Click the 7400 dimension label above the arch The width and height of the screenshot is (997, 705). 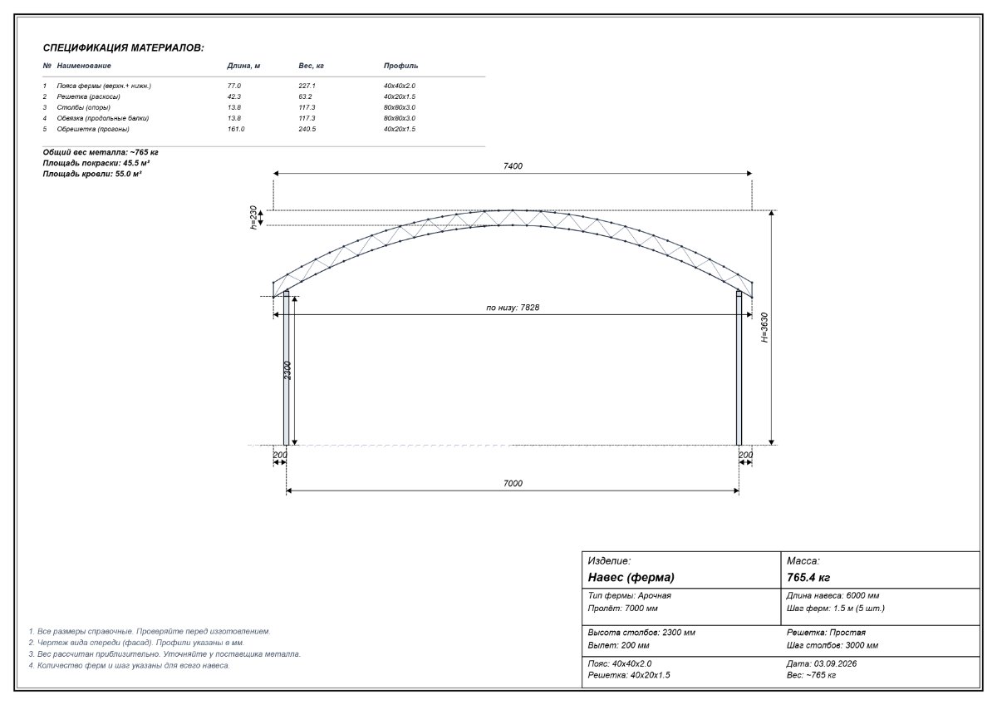click(x=513, y=166)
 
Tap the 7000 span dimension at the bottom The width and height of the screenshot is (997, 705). click(x=513, y=483)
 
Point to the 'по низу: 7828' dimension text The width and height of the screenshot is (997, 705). click(x=513, y=308)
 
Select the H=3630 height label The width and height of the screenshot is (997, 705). click(x=764, y=328)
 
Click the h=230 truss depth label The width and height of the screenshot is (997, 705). click(x=253, y=217)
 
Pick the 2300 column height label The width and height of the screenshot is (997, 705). click(x=287, y=370)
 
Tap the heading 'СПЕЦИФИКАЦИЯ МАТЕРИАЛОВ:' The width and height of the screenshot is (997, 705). click(x=123, y=47)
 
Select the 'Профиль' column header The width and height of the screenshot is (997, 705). click(x=400, y=66)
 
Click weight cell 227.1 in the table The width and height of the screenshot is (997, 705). click(x=307, y=86)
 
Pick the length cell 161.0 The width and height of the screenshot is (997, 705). click(x=236, y=129)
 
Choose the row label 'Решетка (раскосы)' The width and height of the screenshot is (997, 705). click(x=88, y=96)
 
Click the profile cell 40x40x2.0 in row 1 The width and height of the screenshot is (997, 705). click(x=400, y=86)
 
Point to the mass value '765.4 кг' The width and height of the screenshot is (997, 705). click(x=808, y=577)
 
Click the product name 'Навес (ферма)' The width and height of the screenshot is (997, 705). click(x=631, y=577)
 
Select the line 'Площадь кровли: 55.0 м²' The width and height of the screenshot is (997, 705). click(x=92, y=174)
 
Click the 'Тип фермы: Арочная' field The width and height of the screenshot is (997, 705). click(x=630, y=595)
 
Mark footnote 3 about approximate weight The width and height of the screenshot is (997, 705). click(x=165, y=654)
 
